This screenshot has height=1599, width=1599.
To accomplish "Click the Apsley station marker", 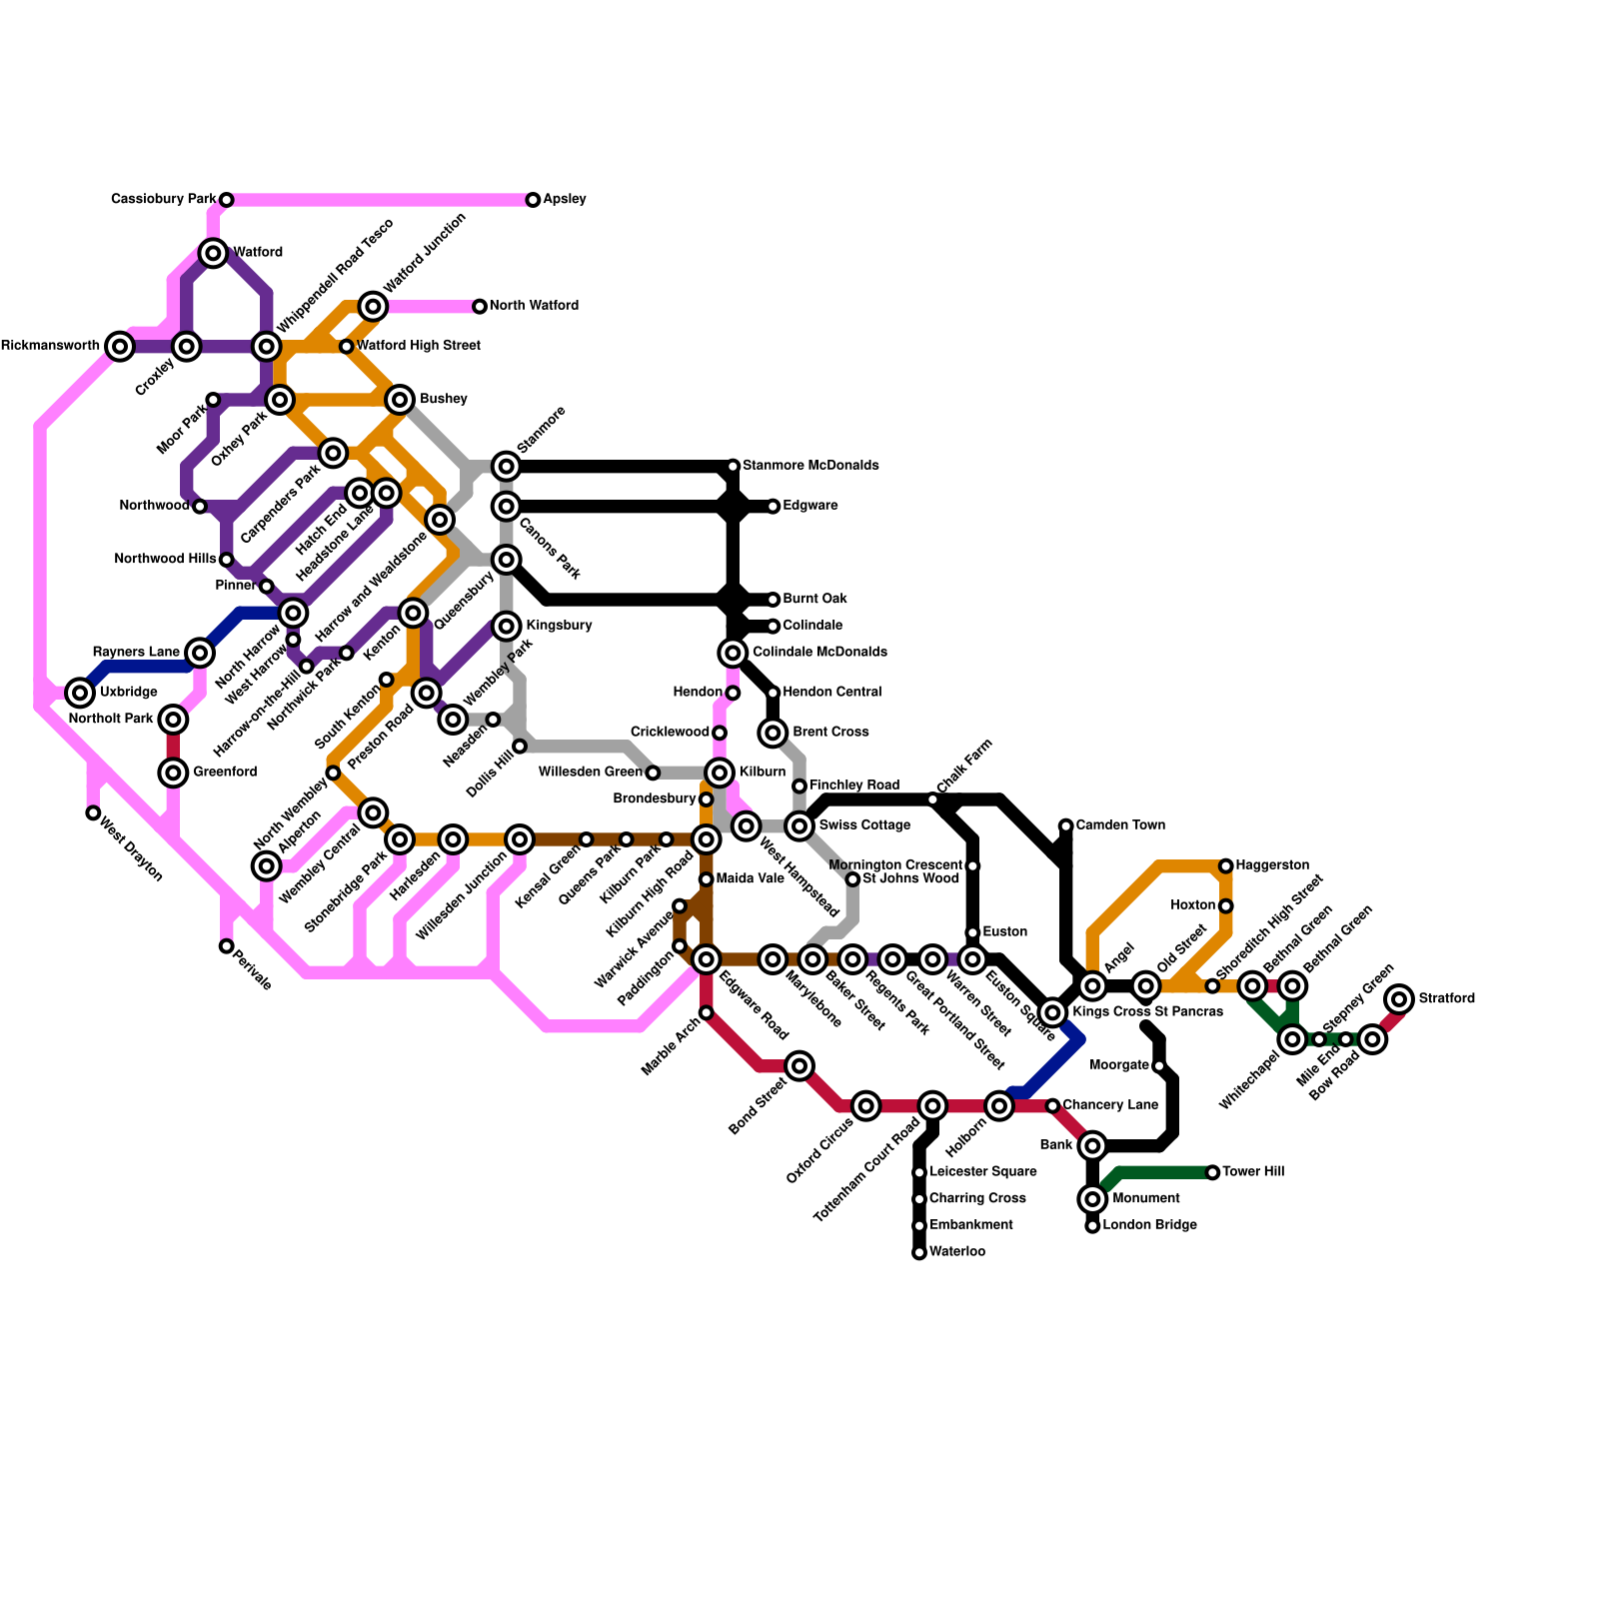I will (534, 200).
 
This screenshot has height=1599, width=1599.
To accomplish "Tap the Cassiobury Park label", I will (163, 200).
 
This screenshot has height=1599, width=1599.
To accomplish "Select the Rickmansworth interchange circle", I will (120, 347).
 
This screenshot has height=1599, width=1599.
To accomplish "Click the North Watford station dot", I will (480, 307).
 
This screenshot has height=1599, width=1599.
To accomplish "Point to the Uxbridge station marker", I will (80, 693).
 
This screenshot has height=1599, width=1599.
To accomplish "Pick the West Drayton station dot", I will (93, 813).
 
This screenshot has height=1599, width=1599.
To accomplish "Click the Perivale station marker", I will (227, 946).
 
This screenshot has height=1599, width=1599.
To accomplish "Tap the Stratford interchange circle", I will (1400, 998).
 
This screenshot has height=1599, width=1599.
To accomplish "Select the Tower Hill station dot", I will (1212, 1172).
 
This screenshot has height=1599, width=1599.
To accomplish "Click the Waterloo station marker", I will (919, 1253).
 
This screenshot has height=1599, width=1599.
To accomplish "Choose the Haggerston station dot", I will (1226, 865).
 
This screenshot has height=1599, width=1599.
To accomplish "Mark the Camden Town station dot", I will (1066, 825).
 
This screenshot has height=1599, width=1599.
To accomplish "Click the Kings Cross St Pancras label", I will (1147, 1012).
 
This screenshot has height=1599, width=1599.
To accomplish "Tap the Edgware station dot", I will (773, 507).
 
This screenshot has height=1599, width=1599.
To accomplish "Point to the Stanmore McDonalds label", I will (810, 466).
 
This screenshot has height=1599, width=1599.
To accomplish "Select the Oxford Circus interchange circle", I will (866, 1106).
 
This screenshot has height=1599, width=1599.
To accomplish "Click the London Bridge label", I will (1149, 1225).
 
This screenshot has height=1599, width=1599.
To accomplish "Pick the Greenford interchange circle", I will (173, 773).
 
